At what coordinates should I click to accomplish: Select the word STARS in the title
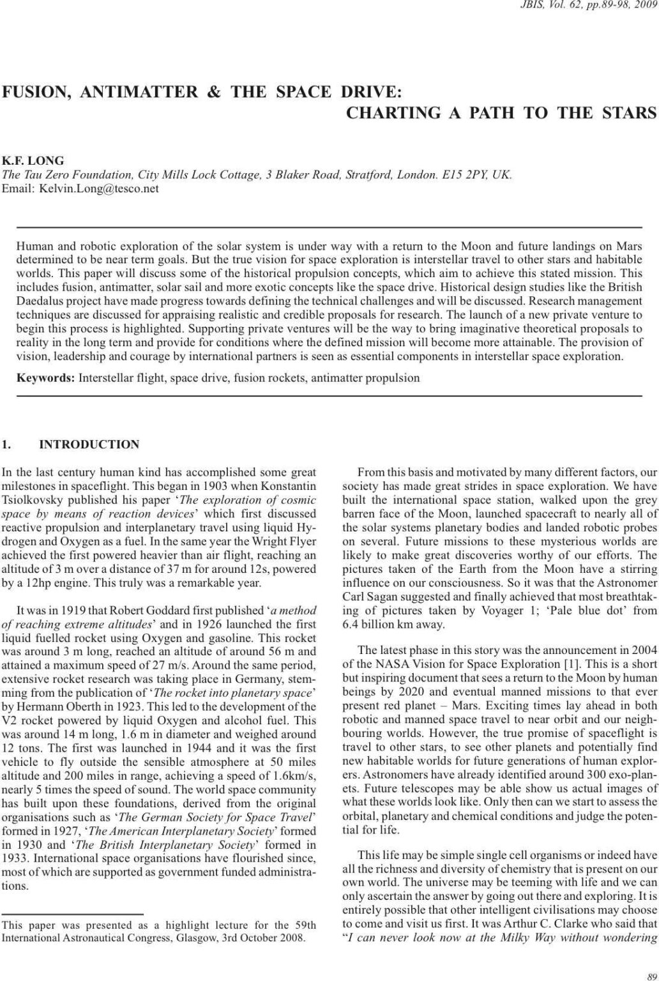(629, 114)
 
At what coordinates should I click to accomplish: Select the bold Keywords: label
(45, 378)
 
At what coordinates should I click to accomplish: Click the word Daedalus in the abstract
(39, 301)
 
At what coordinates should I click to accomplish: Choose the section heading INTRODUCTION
(89, 445)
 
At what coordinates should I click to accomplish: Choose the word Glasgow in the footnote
(181, 938)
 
